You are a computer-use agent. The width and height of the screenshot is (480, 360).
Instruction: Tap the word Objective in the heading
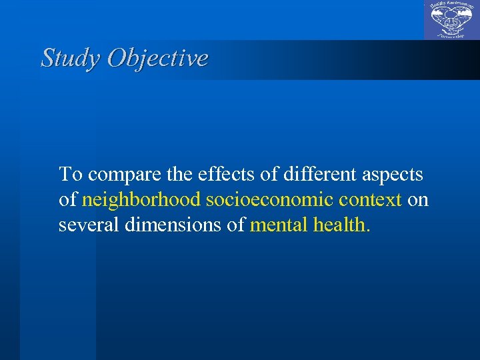pos(157,58)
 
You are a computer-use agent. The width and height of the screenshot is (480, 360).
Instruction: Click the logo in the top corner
pos(451,20)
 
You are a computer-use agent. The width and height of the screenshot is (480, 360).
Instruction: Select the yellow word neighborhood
pos(141,200)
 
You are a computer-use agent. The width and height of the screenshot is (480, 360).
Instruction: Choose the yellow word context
pos(370,200)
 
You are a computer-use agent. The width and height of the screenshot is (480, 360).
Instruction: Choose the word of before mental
pos(236,225)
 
